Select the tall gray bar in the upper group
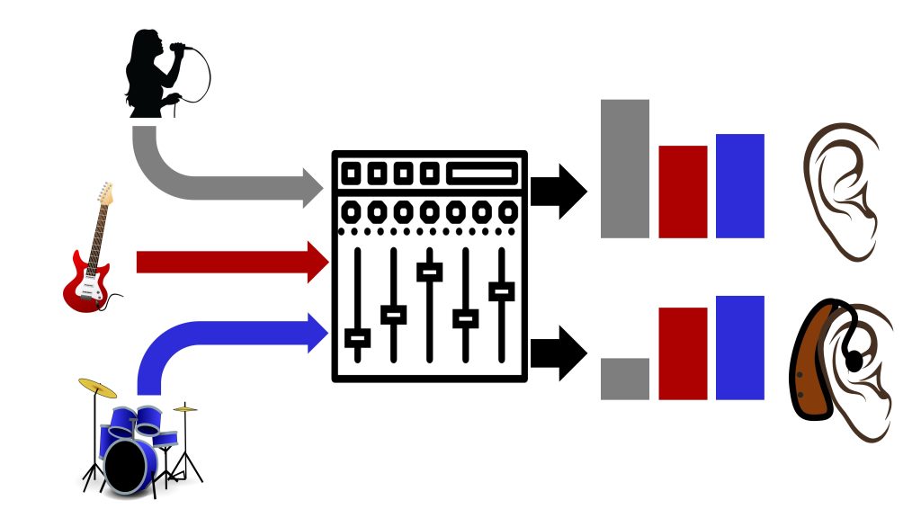(625, 168)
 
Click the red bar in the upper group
(683, 192)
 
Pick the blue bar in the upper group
(739, 185)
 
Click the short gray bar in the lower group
(625, 379)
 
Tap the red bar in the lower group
(683, 353)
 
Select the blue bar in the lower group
(739, 347)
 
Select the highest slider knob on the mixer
(430, 272)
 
